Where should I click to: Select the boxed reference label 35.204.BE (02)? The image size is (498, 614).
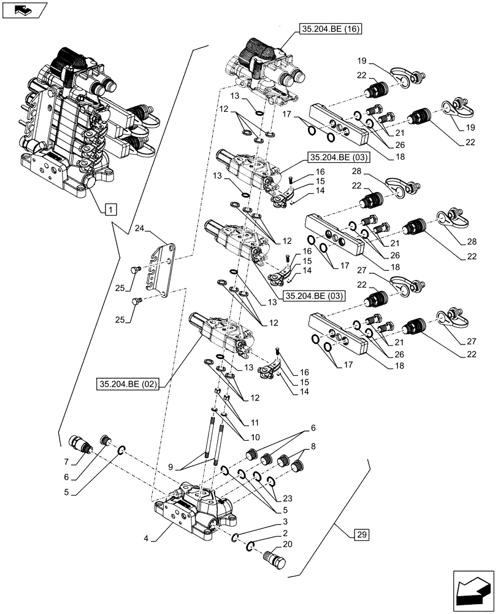(127, 384)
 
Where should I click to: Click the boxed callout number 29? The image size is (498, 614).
(362, 534)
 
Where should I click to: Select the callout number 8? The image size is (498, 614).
(313, 446)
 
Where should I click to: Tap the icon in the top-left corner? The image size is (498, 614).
(25, 10)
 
